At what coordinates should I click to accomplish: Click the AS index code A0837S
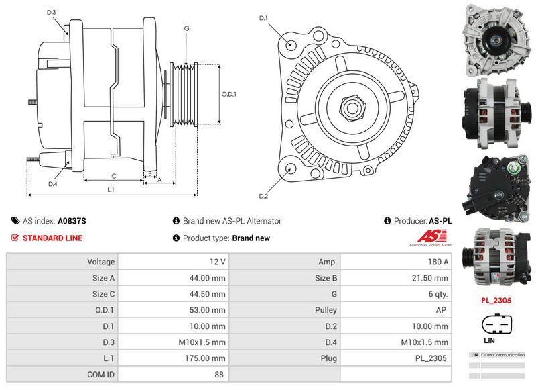(x=72, y=221)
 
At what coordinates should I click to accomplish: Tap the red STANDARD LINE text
(x=52, y=238)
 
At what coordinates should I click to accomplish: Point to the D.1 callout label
(x=263, y=18)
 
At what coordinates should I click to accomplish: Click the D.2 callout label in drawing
(x=263, y=196)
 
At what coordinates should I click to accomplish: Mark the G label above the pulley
(x=186, y=28)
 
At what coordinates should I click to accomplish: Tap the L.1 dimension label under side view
(x=111, y=190)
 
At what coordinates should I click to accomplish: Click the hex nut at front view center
(x=352, y=106)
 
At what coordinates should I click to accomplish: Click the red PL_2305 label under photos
(x=496, y=301)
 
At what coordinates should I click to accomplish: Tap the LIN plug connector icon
(x=496, y=325)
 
